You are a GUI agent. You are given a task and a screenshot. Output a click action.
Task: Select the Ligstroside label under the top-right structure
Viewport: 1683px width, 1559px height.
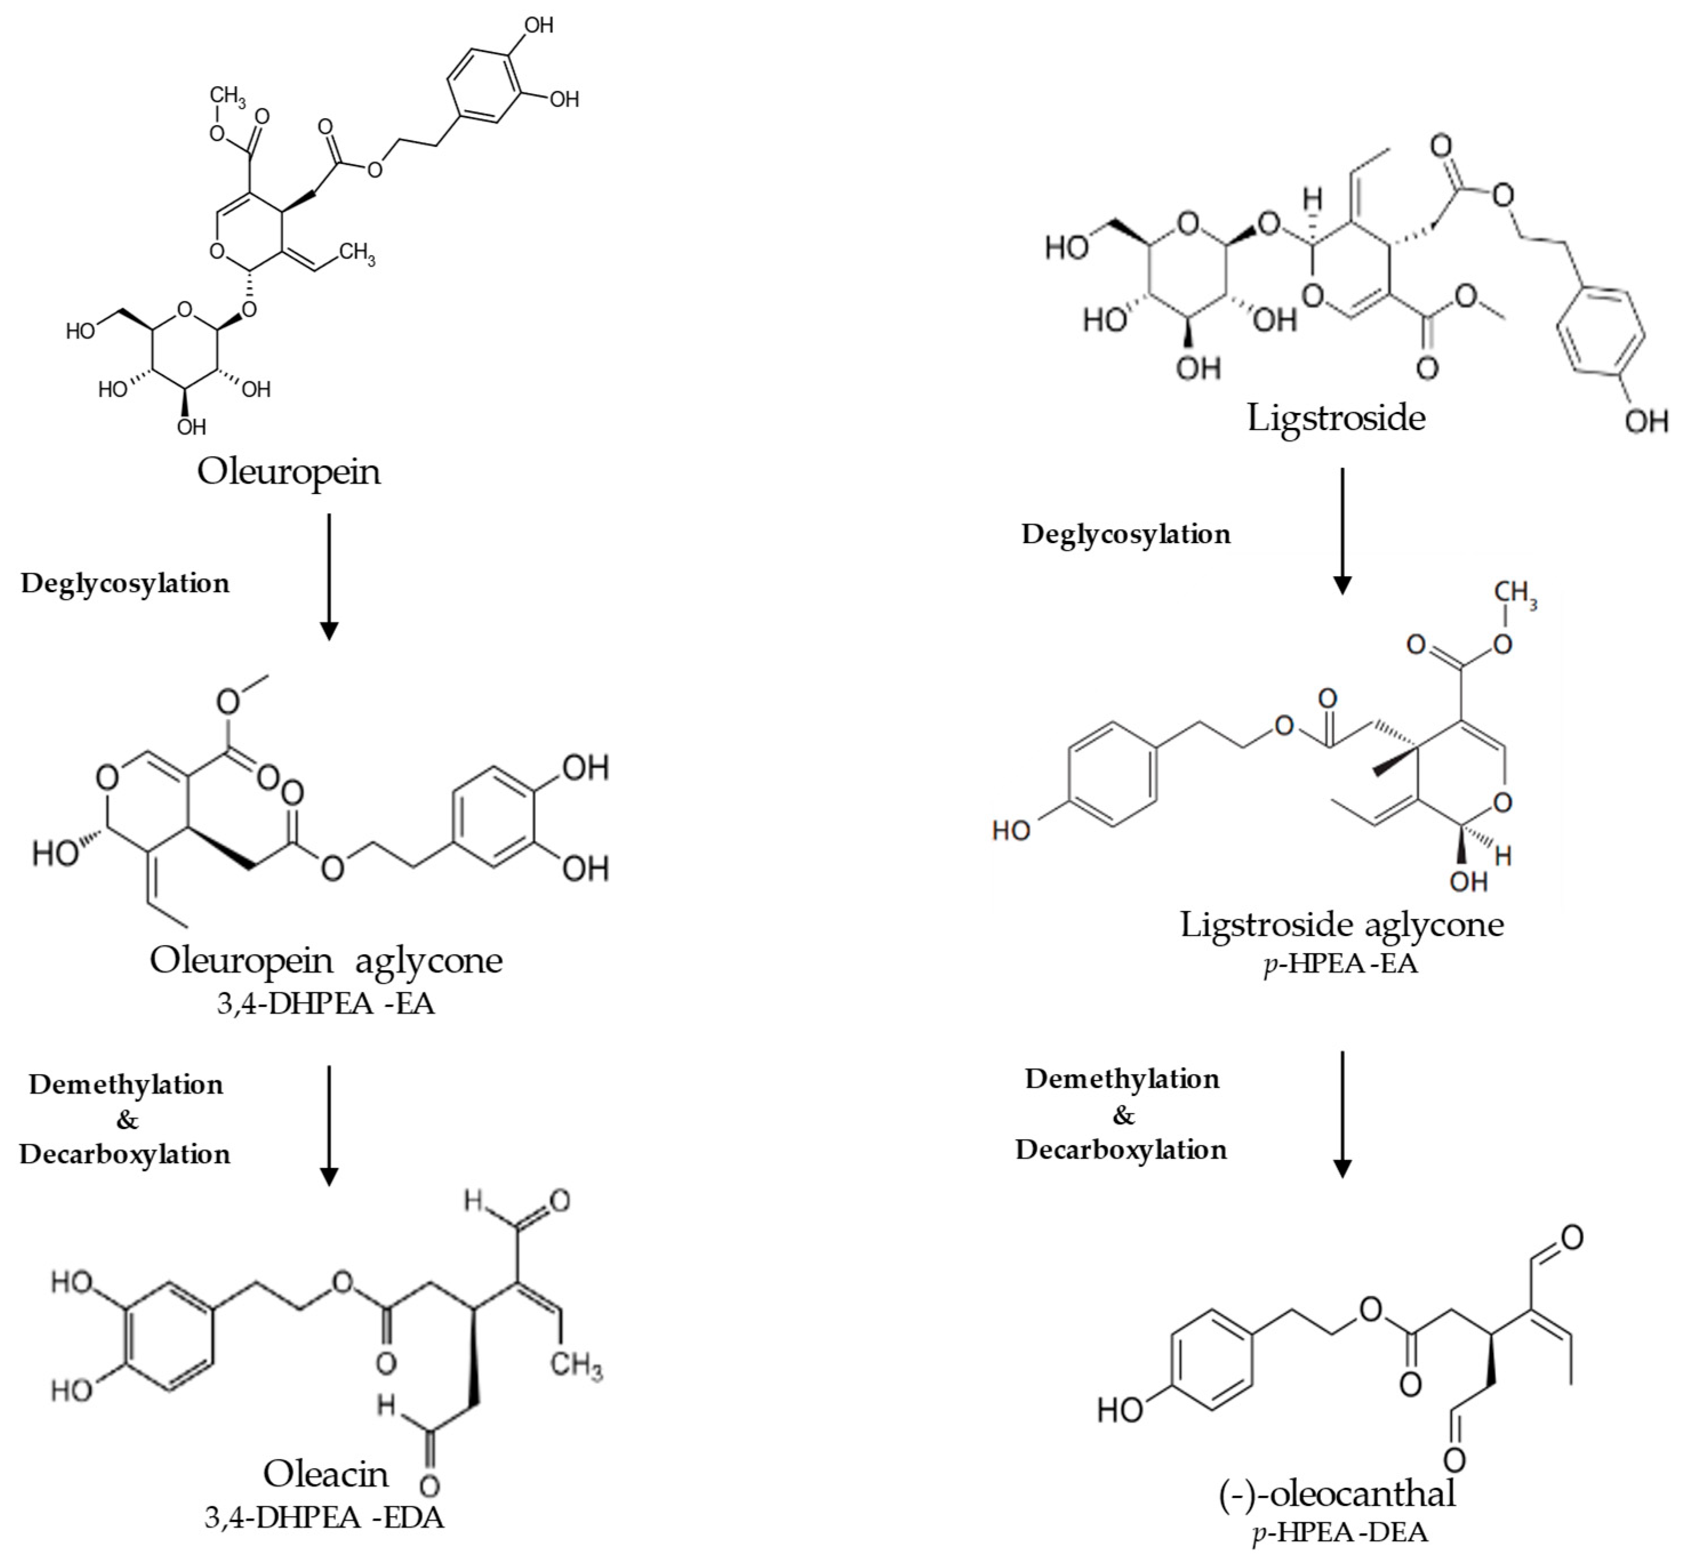[x=1336, y=417]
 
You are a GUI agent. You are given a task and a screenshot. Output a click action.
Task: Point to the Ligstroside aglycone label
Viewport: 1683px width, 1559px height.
[x=1341, y=925]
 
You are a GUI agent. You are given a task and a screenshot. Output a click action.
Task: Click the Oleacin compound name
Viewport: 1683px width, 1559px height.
[x=325, y=1474]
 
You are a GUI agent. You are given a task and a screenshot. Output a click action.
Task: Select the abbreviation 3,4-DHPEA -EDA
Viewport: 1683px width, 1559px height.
[x=324, y=1518]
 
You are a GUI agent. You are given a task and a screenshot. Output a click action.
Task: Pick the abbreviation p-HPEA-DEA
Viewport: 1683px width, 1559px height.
[x=1340, y=1532]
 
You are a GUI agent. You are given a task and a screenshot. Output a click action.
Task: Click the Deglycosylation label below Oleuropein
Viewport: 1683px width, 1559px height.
[x=125, y=583]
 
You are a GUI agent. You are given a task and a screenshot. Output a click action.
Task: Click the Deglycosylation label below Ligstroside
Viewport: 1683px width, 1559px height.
[x=1126, y=534]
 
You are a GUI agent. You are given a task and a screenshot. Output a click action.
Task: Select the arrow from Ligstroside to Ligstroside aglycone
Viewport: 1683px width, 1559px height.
[x=1341, y=532]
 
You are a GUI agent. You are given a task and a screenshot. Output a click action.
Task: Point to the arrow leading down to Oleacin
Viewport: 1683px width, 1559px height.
[x=329, y=1126]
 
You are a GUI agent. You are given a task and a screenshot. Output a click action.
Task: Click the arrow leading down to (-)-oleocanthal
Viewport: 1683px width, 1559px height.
[x=1341, y=1114]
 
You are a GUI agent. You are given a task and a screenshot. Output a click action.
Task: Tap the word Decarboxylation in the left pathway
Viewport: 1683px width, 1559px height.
[x=125, y=1154]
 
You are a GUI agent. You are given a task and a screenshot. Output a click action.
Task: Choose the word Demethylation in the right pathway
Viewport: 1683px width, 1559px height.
[x=1122, y=1079]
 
